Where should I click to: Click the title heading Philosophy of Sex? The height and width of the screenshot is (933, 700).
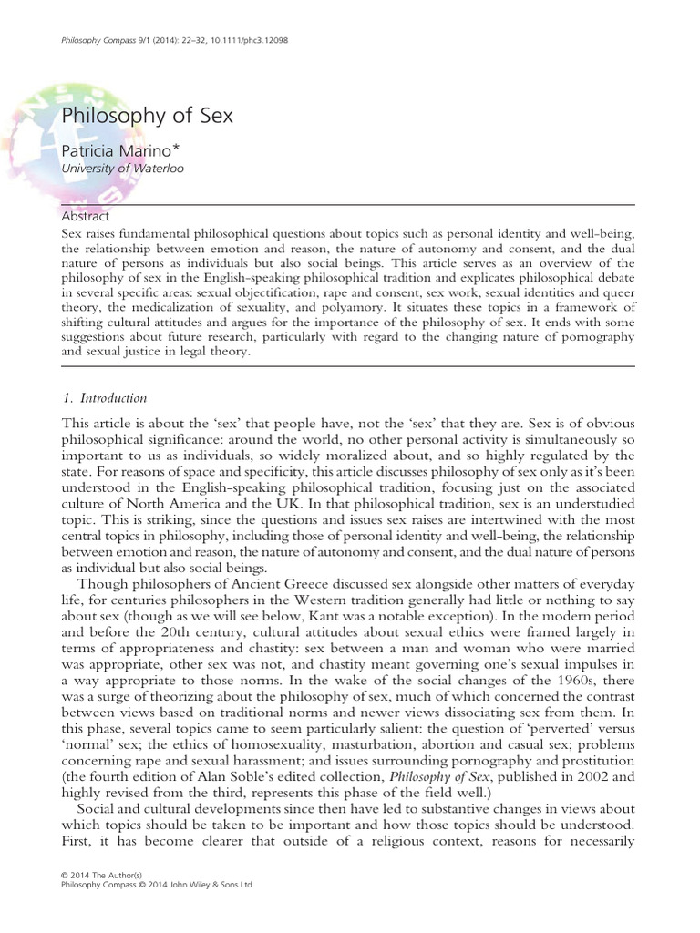[147, 116]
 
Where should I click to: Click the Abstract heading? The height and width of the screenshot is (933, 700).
[85, 217]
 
